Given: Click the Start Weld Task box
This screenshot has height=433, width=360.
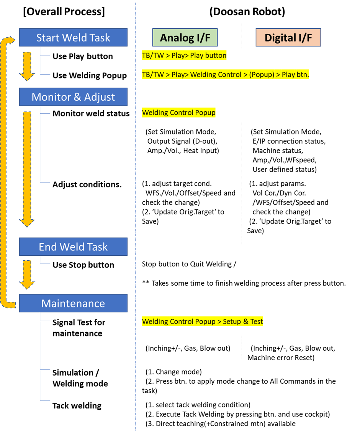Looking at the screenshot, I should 73,38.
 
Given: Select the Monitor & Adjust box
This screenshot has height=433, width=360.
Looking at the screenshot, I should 73,97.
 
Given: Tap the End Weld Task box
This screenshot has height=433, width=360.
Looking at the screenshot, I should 73,247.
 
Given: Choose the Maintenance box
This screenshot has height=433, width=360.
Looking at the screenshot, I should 73,304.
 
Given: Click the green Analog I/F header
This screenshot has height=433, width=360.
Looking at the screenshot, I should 185,38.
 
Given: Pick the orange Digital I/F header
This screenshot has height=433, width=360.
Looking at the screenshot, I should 288,38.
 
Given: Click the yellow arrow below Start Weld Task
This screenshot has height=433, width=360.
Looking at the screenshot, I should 27,66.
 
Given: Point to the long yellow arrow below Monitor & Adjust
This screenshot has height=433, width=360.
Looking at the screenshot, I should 27,168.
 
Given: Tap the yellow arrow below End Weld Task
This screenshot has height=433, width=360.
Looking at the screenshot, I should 27,274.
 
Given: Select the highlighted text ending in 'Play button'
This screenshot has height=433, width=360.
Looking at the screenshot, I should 184,56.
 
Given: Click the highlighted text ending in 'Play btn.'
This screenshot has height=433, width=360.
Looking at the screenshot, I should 226,75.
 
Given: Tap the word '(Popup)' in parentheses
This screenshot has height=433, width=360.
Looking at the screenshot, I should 261,75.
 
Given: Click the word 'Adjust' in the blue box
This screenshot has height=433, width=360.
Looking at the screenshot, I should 99,97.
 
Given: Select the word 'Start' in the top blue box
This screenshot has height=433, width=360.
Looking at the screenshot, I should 49,38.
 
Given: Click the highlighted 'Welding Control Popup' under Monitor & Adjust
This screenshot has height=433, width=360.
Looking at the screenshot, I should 178,113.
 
